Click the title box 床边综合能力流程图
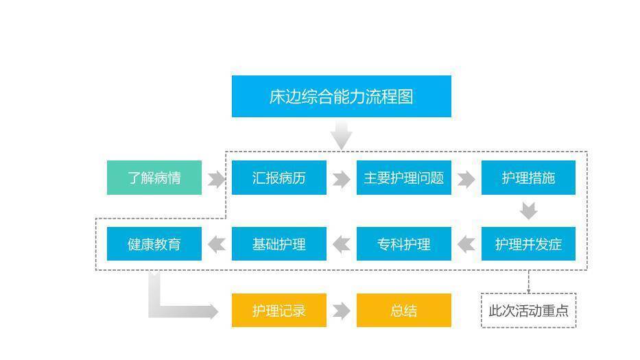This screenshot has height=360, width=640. [x=341, y=96]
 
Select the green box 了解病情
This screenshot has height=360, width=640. [x=154, y=178]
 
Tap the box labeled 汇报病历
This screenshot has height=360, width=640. [x=279, y=178]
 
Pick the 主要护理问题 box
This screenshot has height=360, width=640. [x=403, y=178]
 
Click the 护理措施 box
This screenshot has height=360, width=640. [x=528, y=178]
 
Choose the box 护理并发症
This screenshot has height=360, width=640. [x=528, y=243]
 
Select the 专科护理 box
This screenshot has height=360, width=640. [x=403, y=243]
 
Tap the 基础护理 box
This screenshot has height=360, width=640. [x=279, y=243]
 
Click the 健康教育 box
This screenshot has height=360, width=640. [x=154, y=243]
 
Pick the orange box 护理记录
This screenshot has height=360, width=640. [x=279, y=310]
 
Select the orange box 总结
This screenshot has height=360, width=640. [x=403, y=310]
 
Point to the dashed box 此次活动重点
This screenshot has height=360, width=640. [x=529, y=310]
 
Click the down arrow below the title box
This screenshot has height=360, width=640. [x=341, y=134]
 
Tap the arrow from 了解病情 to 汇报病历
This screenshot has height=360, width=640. [x=216, y=179]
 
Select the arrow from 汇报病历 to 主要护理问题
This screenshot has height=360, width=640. [x=341, y=179]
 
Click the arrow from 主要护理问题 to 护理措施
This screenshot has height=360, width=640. [x=466, y=179]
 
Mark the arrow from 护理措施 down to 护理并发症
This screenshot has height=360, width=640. [x=529, y=211]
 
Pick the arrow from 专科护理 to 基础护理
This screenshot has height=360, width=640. [x=341, y=245]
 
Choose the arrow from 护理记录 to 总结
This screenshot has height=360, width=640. [x=341, y=311]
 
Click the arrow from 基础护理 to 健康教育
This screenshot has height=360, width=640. [x=216, y=245]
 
